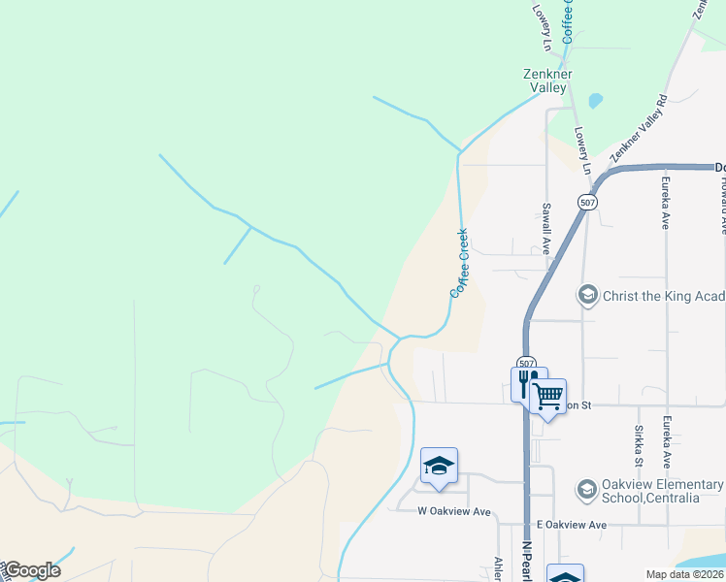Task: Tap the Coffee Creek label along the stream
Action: tap(459, 263)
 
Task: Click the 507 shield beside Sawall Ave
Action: tap(585, 202)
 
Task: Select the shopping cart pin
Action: tap(548, 396)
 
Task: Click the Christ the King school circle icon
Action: tap(587, 295)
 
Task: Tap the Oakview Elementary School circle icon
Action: tap(587, 491)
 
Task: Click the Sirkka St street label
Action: tap(638, 441)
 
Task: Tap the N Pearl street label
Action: tap(528, 560)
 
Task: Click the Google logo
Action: tap(31, 570)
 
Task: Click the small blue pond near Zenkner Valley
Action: tap(595, 100)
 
